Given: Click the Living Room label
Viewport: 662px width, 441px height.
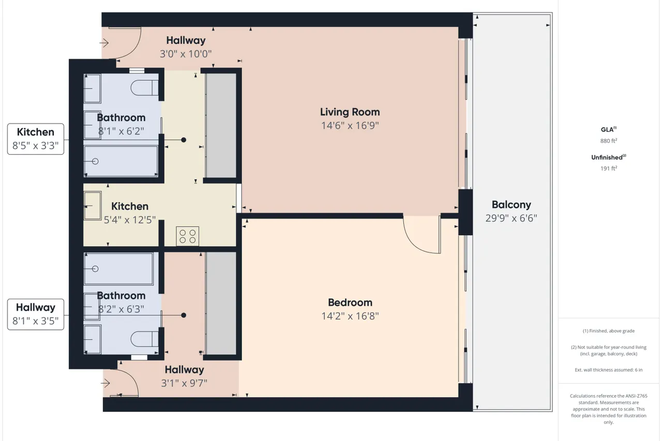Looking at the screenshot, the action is click(350, 112).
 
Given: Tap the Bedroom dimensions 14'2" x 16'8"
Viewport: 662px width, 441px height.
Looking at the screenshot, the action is click(350, 316).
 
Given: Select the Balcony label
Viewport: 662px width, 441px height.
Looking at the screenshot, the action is click(511, 204).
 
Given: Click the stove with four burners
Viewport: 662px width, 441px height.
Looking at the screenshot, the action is click(187, 236).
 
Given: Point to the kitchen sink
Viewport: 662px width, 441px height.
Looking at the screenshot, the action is click(93, 206).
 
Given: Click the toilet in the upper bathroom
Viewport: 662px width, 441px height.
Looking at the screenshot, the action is click(144, 87).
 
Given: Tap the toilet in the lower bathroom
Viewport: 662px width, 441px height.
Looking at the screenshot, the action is click(144, 339).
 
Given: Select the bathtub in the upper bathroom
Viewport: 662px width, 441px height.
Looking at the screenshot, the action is click(121, 161).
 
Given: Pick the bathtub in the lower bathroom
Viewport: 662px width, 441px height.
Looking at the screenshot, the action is click(118, 269).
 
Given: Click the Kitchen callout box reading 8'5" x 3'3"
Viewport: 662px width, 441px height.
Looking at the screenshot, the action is click(36, 139).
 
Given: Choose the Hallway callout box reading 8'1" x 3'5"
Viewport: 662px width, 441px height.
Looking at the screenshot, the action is click(36, 314).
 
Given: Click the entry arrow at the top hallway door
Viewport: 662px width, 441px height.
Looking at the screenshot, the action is click(104, 43).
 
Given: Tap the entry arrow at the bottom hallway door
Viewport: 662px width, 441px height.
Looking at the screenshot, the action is click(105, 384).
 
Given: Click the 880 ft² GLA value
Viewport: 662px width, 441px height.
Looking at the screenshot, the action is click(609, 141).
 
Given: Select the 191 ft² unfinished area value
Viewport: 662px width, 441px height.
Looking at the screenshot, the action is click(609, 169).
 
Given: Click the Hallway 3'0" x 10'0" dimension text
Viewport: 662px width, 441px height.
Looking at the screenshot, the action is click(186, 54).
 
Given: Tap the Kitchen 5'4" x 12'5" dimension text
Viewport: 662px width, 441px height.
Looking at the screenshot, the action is click(130, 220).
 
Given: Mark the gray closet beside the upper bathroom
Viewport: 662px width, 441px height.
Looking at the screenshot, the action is click(221, 125).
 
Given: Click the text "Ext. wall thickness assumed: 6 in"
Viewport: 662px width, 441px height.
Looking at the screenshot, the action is click(609, 370).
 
